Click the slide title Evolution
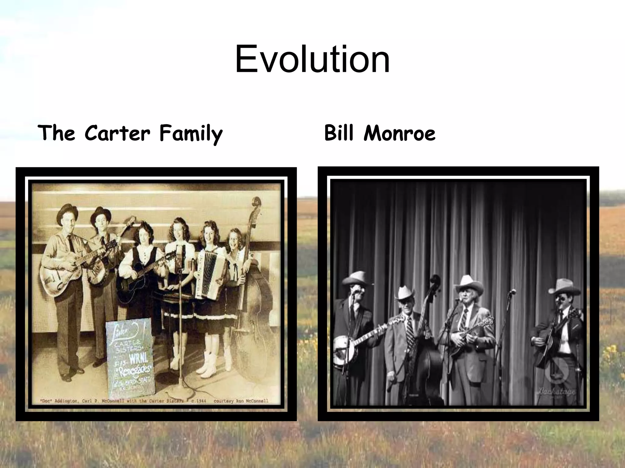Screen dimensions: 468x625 pyautogui.click(x=312, y=59)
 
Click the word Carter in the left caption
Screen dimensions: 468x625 pyautogui.click(x=117, y=133)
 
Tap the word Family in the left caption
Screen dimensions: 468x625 pyautogui.click(x=191, y=134)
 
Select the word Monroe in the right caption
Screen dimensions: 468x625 pyautogui.click(x=399, y=133)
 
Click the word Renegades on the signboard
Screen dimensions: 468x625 pyautogui.click(x=134, y=370)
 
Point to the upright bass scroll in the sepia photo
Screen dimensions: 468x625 pyautogui.click(x=256, y=203)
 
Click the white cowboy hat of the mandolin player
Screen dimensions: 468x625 pyautogui.click(x=468, y=284)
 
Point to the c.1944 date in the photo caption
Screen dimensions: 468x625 pyautogui.click(x=199, y=401)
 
